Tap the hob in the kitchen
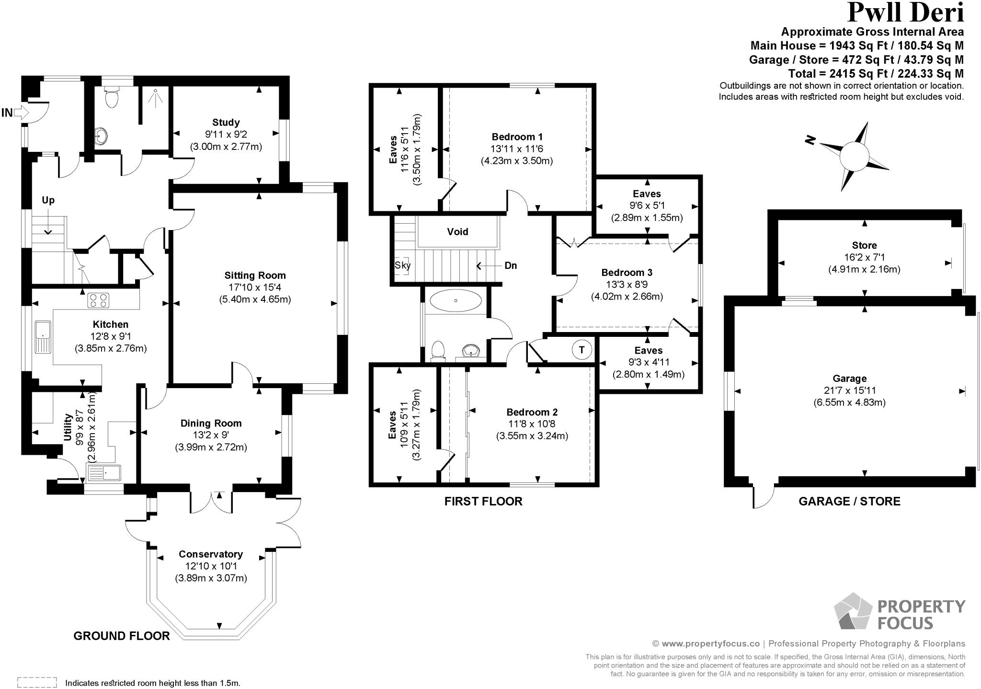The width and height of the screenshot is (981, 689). tap(98, 300)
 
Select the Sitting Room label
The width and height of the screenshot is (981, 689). tap(255, 275)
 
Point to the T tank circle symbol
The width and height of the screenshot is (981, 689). tap(582, 350)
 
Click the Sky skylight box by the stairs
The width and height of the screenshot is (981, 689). tap(402, 265)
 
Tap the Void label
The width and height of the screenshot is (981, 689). tap(457, 232)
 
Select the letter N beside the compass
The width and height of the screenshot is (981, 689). tap(810, 140)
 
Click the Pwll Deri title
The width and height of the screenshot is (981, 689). tap(905, 13)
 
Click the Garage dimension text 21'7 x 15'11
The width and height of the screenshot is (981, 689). tap(849, 390)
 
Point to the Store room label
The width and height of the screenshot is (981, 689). tap(864, 245)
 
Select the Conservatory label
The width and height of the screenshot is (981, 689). tap(211, 554)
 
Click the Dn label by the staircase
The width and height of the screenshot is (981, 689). tap(511, 265)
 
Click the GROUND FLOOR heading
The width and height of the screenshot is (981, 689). tap(122, 636)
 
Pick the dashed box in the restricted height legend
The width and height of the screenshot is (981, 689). tap(37, 682)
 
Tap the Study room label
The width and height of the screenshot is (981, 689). tap(226, 122)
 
